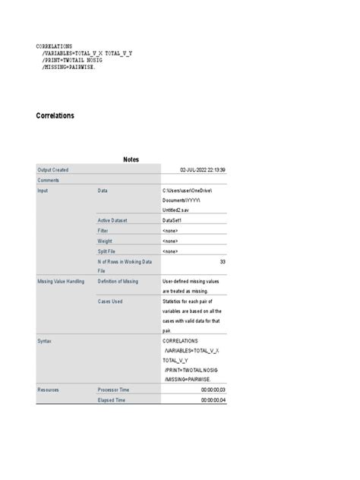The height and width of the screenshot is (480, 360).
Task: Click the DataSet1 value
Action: pyautogui.click(x=175, y=220)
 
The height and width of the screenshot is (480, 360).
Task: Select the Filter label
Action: pyautogui.click(x=104, y=230)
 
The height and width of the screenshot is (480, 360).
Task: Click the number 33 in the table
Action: pyautogui.click(x=222, y=261)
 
